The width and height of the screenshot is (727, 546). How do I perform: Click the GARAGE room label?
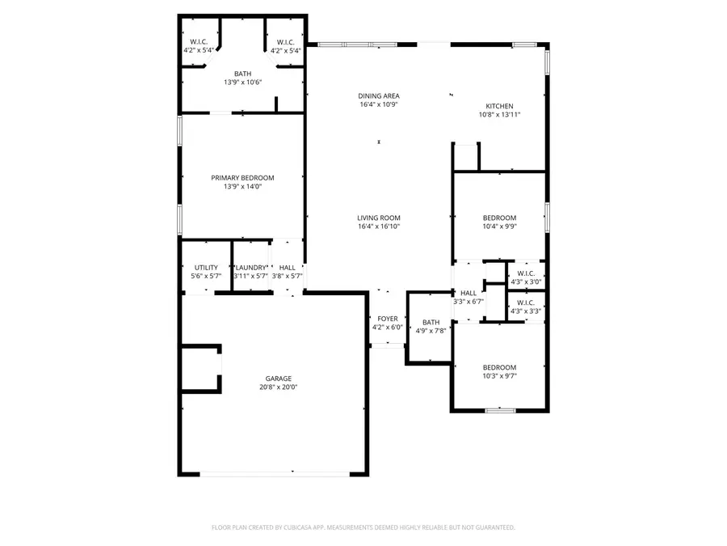(x=279, y=379)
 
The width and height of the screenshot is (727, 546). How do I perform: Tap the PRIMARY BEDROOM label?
(x=242, y=178)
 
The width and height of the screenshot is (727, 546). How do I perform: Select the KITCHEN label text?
(x=499, y=107)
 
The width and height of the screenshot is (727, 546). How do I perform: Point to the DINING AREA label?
(x=379, y=96)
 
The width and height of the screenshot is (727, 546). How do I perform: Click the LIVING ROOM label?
(x=379, y=218)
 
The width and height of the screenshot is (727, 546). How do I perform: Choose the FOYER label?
(x=387, y=319)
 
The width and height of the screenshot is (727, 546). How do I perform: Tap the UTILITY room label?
(x=205, y=268)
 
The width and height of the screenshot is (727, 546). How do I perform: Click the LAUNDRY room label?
(x=250, y=268)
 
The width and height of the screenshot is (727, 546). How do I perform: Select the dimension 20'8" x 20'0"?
(x=279, y=387)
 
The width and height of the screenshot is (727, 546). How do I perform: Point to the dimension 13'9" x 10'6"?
(x=242, y=83)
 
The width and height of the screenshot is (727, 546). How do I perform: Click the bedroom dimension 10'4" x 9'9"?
(x=499, y=226)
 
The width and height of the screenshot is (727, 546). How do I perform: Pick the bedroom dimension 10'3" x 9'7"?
(x=499, y=376)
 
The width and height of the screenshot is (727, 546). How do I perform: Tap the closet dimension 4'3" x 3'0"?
(x=526, y=282)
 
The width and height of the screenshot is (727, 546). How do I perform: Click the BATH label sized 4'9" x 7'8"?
(x=431, y=322)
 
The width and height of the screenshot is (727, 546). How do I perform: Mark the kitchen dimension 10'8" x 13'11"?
(x=499, y=116)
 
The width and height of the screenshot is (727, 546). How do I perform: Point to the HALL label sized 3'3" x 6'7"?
(x=469, y=294)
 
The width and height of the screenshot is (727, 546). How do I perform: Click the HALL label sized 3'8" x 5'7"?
(x=287, y=268)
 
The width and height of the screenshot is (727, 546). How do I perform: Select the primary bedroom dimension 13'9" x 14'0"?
(x=242, y=187)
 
